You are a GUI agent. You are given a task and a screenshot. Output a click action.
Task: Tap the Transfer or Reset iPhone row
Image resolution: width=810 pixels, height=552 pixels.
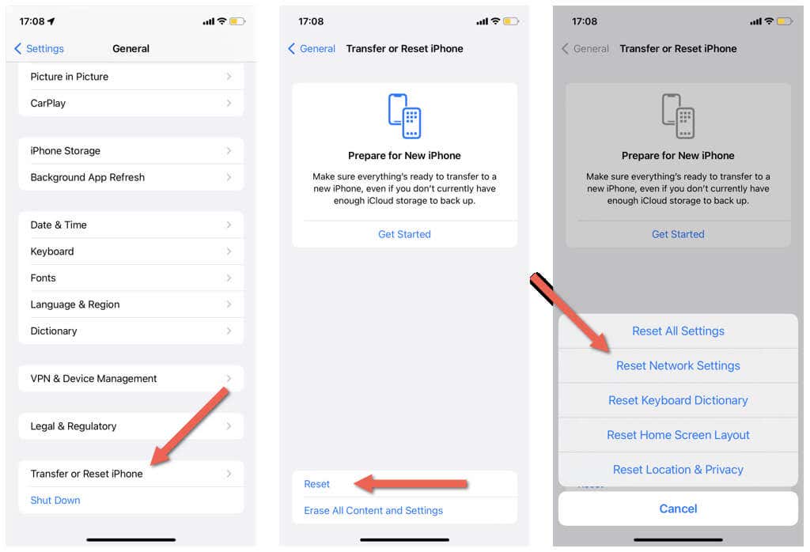(131, 474)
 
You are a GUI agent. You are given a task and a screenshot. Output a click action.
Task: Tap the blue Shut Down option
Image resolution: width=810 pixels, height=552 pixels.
(55, 500)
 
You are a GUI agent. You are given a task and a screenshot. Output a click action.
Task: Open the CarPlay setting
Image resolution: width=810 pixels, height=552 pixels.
(131, 103)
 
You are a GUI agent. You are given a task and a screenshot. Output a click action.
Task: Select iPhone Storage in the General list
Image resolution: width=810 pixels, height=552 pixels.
(131, 151)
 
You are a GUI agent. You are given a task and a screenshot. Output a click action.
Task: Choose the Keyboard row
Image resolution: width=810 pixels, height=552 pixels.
(131, 251)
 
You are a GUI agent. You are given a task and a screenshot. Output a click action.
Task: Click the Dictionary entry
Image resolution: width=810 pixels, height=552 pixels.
(131, 331)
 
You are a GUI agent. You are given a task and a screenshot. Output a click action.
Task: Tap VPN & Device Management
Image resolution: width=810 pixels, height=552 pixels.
(131, 379)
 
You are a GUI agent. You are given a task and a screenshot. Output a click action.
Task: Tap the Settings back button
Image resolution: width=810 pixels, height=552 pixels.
(40, 48)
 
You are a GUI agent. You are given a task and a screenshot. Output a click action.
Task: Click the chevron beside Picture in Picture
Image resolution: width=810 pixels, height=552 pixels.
(229, 77)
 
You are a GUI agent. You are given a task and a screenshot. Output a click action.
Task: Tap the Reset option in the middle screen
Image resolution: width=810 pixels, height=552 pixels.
(316, 484)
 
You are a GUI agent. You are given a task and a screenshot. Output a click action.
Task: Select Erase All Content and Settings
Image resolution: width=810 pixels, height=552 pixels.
(373, 510)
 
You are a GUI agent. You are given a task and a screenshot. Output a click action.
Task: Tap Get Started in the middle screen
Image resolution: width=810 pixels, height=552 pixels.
(404, 234)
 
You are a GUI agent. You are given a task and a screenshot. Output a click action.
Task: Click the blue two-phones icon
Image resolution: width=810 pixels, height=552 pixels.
(404, 115)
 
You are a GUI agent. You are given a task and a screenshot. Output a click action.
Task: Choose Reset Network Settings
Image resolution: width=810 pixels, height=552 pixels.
(678, 365)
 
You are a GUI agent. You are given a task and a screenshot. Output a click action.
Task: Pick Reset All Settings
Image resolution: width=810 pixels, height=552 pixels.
(678, 331)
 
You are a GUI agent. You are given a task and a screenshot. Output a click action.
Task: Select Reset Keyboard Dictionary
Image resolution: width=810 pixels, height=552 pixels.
(678, 400)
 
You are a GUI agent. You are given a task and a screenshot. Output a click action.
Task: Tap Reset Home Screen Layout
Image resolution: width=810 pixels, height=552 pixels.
(678, 435)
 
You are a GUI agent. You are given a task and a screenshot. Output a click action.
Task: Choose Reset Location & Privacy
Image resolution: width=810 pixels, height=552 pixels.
(678, 470)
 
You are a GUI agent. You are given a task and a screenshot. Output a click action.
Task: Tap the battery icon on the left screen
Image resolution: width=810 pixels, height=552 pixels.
(237, 21)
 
